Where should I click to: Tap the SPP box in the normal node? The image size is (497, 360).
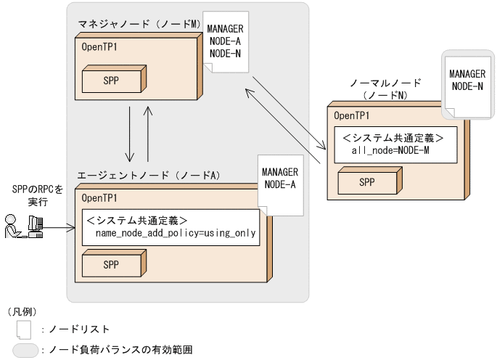367,181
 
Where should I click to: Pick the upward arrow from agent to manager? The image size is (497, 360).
148,134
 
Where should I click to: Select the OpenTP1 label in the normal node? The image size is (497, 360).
352,115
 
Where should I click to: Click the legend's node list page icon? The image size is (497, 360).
24,330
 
